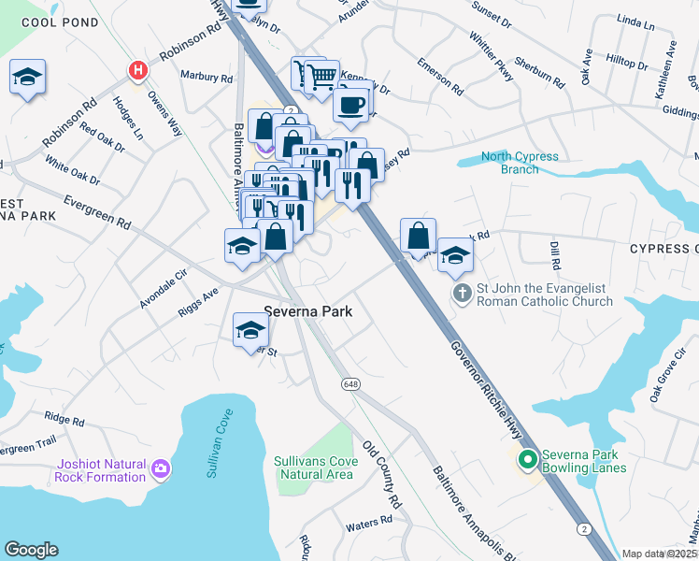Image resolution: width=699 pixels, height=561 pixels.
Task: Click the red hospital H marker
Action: (x=138, y=70)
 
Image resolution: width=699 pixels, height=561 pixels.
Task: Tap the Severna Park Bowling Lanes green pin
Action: (x=527, y=459)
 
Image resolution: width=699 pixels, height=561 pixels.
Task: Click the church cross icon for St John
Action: (x=462, y=295)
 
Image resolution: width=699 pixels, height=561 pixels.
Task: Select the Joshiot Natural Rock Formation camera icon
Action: (x=162, y=467)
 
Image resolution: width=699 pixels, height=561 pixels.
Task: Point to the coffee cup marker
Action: (x=351, y=105)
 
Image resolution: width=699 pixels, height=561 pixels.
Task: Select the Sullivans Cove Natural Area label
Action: (x=314, y=467)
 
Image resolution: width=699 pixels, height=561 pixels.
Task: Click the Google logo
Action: (x=31, y=550)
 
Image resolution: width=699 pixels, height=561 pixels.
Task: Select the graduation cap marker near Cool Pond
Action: (x=27, y=78)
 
